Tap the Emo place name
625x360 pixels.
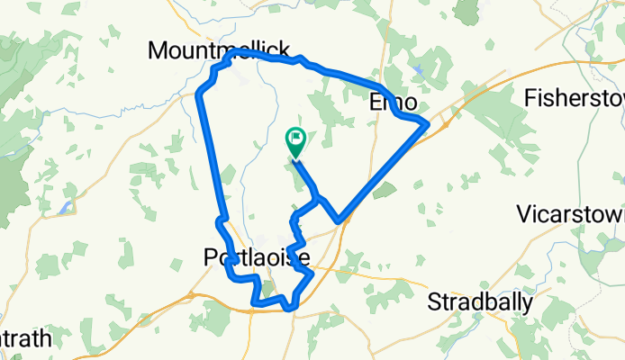tap(390, 103)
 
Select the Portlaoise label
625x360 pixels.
tap(253, 259)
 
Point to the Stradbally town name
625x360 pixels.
tap(480, 301)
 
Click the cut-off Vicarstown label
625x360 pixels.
tap(571, 214)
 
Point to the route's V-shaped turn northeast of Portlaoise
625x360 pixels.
tap(339, 220)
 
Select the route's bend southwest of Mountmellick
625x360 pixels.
tap(201, 92)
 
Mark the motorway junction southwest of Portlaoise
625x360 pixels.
tap(191, 293)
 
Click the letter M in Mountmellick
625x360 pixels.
tap(157, 49)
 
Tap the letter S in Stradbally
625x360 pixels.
tap(434, 301)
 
